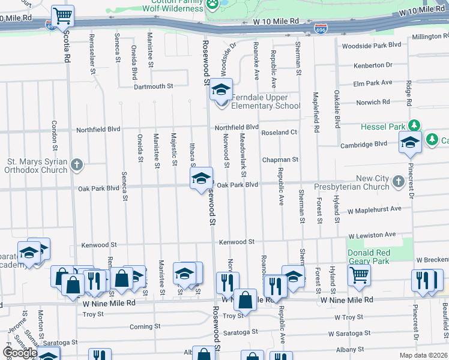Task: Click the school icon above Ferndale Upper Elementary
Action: pyautogui.click(x=221, y=90)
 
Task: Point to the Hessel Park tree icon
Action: pyautogui.click(x=414, y=125)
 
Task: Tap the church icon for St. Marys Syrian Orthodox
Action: pyautogui.click(x=76, y=164)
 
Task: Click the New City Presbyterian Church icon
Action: pyautogui.click(x=397, y=181)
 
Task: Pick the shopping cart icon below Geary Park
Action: pyautogui.click(x=359, y=275)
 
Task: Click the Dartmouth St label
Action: pyautogui.click(x=153, y=86)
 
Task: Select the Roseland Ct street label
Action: pyautogui.click(x=279, y=132)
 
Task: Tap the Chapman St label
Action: pyautogui.click(x=280, y=160)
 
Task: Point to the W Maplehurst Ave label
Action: pyautogui.click(x=375, y=209)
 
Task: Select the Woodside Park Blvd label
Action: pyautogui.click(x=370, y=45)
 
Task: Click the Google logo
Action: pyautogui.click(x=19, y=352)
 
